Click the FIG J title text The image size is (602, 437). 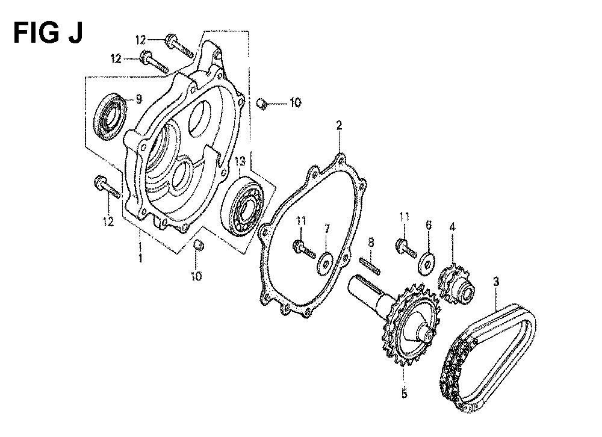[48, 33]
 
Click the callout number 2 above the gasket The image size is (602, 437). [339, 126]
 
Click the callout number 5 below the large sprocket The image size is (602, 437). [404, 394]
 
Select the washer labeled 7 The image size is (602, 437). [325, 264]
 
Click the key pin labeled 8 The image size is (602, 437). [370, 266]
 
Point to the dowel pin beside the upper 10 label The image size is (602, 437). [261, 104]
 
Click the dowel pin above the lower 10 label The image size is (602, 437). [199, 245]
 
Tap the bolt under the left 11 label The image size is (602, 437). [305, 249]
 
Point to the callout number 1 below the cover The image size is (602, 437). [140, 258]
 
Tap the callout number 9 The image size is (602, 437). [138, 99]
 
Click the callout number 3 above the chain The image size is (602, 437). [496, 282]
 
